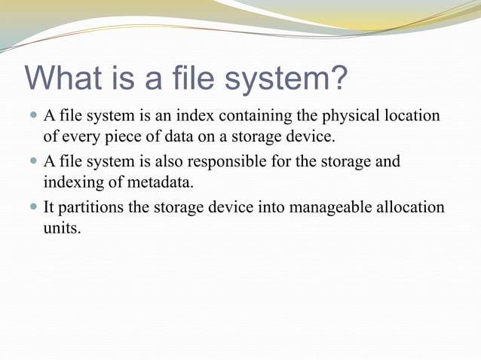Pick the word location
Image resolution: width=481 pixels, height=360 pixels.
(412, 116)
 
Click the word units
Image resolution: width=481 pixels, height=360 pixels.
(61, 227)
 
